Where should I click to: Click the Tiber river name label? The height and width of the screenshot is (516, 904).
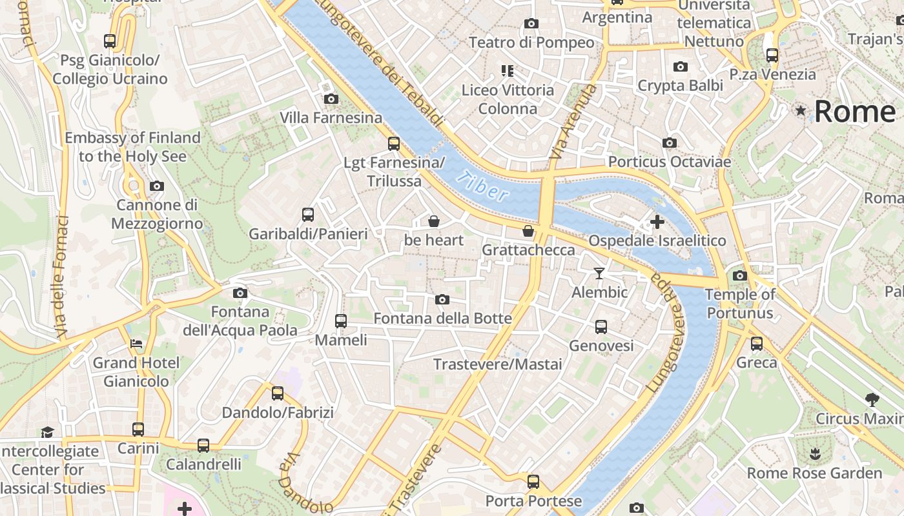click(x=481, y=187)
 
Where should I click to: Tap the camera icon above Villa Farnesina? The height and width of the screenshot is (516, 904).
click(x=331, y=99)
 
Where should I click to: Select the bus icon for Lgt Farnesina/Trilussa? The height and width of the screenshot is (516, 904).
click(x=393, y=143)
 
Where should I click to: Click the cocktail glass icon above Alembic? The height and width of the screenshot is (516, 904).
click(x=599, y=273)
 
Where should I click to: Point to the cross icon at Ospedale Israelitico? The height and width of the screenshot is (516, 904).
click(x=657, y=222)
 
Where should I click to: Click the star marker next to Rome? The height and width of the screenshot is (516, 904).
click(x=801, y=111)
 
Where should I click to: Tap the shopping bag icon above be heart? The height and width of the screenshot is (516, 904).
click(x=434, y=221)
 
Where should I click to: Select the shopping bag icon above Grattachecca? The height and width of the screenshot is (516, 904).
click(x=528, y=231)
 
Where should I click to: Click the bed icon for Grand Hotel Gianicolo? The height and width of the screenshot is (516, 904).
click(x=136, y=343)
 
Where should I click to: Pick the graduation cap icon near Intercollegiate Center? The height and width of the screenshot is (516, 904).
click(x=47, y=432)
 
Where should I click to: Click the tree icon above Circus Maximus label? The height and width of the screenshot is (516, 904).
click(x=872, y=399)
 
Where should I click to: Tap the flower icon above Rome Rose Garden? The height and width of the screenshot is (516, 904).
click(x=815, y=453)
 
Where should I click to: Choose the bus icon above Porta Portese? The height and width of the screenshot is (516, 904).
click(x=533, y=481)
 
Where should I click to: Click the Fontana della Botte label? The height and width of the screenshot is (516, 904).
click(x=442, y=319)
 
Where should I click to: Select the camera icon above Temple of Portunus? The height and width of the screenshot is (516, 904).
click(x=739, y=276)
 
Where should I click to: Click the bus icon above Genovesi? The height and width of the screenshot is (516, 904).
click(x=601, y=327)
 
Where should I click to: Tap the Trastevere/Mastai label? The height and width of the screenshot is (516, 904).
click(x=497, y=364)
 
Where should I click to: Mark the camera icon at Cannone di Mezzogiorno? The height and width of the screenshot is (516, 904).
click(x=156, y=186)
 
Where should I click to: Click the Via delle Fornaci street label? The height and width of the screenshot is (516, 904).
click(x=62, y=277)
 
